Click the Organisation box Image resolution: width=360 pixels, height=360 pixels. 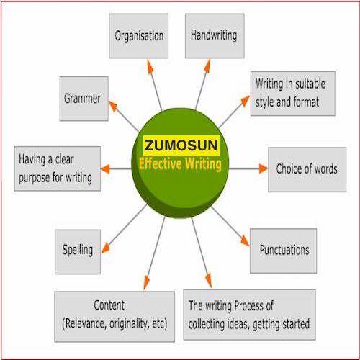[x=139, y=36]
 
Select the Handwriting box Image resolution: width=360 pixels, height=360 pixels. [x=215, y=36]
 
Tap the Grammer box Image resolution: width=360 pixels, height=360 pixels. [x=84, y=99]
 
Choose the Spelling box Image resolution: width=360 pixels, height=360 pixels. [x=78, y=252]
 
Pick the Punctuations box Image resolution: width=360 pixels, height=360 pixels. [x=283, y=251]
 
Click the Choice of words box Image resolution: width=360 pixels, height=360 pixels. [x=307, y=169]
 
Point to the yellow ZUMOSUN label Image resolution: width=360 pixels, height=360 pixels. [x=181, y=145]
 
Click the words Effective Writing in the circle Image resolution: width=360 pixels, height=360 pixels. [x=180, y=164]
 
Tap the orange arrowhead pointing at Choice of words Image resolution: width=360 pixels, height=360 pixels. [x=264, y=168]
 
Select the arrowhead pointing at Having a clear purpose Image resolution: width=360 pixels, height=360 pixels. [x=105, y=169]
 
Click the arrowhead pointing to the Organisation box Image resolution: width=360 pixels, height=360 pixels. [x=150, y=66]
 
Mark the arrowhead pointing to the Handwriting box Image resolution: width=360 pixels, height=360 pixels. [x=207, y=66]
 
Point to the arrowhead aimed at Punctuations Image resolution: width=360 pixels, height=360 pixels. [x=246, y=240]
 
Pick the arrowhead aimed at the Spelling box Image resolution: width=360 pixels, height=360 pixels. [x=106, y=248]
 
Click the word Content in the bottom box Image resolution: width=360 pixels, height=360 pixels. [x=109, y=305]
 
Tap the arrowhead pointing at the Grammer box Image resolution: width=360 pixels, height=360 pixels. [x=113, y=107]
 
